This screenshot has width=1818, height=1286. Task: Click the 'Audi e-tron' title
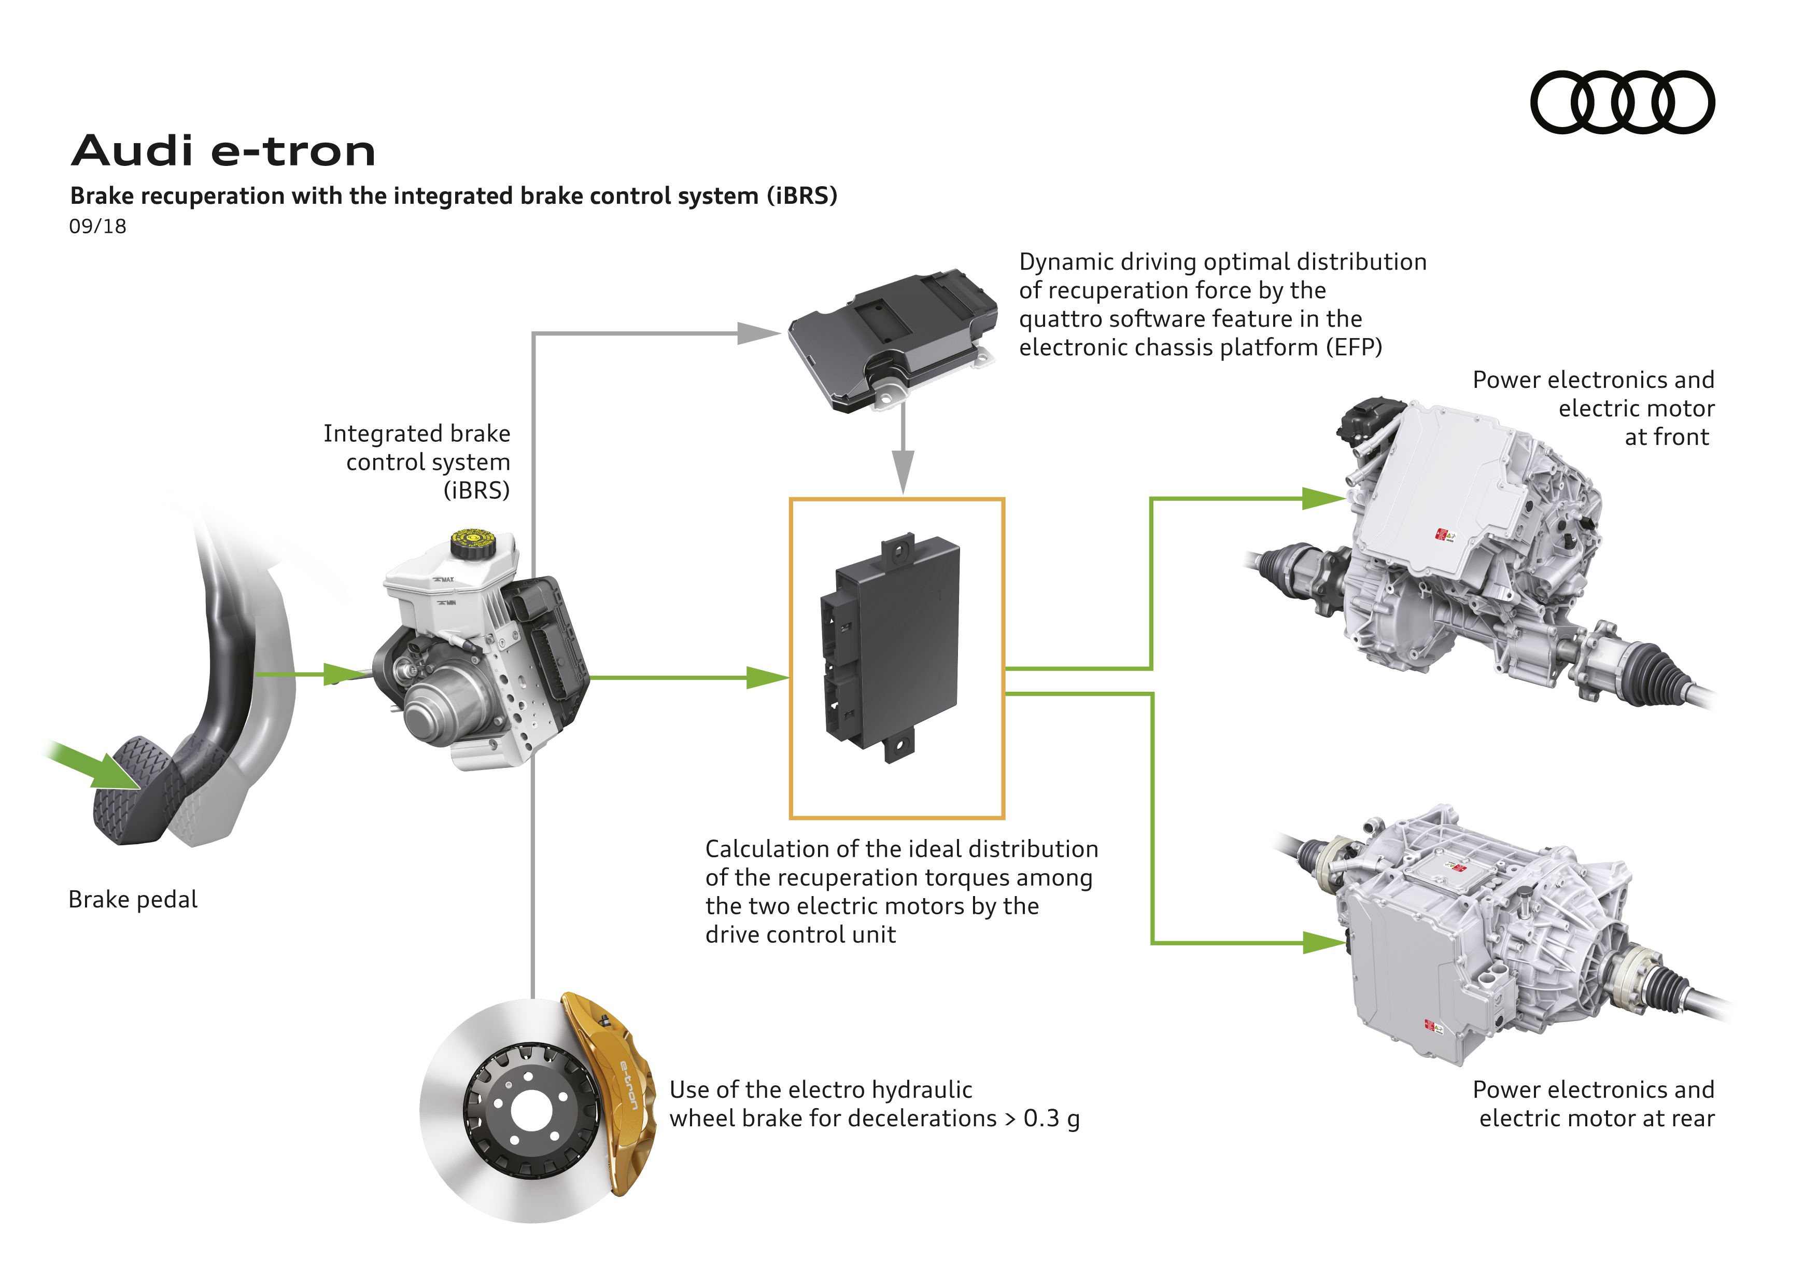[223, 151]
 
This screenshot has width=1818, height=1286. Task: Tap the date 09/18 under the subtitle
[97, 227]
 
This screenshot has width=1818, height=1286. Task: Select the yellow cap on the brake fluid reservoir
[473, 543]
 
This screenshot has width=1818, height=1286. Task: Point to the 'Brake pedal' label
[133, 900]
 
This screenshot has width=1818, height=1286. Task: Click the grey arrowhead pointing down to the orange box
[903, 471]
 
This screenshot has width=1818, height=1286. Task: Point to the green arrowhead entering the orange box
[767, 678]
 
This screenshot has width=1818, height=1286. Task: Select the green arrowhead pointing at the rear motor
[1324, 942]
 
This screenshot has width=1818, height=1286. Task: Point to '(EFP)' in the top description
[1354, 347]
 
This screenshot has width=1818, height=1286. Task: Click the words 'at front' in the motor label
[1667, 437]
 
